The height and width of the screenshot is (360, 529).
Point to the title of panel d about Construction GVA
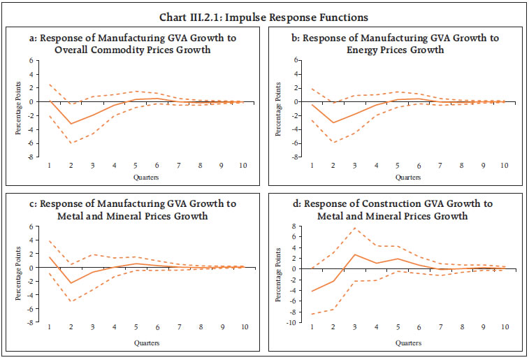tap(396, 209)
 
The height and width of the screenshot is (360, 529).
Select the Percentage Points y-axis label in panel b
tap(277, 108)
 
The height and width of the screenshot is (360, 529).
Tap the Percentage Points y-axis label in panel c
tap(20, 275)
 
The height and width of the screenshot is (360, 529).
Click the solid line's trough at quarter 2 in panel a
tap(71, 124)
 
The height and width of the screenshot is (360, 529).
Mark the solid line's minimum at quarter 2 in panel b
tap(333, 123)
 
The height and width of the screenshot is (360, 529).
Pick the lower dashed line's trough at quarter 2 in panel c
tap(71, 302)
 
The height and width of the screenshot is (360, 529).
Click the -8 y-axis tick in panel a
tap(31, 157)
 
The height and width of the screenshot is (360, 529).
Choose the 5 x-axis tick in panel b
tap(398, 166)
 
